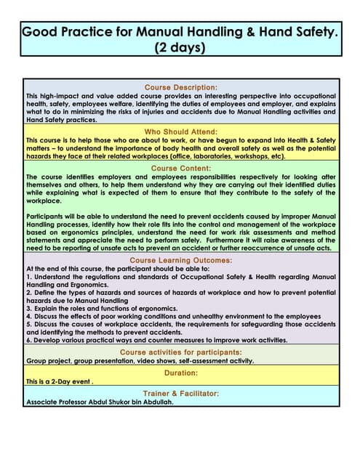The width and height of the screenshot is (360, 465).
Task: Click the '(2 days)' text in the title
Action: pyautogui.click(x=181, y=48)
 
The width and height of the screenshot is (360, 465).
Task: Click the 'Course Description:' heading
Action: pyautogui.click(x=181, y=87)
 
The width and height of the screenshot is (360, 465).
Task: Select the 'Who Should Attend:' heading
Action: pyautogui.click(x=181, y=132)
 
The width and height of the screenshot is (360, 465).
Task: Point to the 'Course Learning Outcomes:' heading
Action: pyautogui.click(x=181, y=259)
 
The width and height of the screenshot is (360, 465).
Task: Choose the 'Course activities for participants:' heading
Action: pyautogui.click(x=181, y=352)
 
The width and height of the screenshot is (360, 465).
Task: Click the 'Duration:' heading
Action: pyautogui.click(x=181, y=373)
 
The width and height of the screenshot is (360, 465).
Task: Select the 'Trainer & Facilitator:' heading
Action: pyautogui.click(x=181, y=393)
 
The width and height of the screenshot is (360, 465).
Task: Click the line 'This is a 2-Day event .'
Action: pyautogui.click(x=60, y=381)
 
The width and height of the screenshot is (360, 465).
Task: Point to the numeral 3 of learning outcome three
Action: pyautogui.click(x=28, y=309)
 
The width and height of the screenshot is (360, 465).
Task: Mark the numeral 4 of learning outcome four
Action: pyautogui.click(x=28, y=317)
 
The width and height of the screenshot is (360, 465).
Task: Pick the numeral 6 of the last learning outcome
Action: pyautogui.click(x=28, y=340)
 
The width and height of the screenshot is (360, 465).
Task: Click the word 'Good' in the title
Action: pyautogui.click(x=41, y=32)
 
